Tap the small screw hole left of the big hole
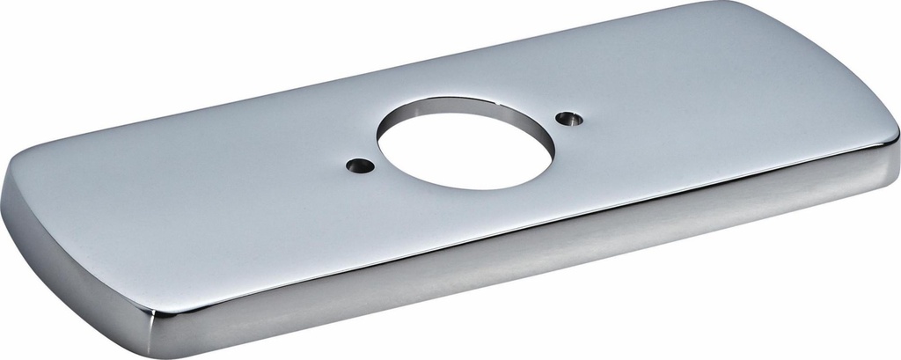[x=358, y=165]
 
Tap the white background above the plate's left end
[x=132, y=53]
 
